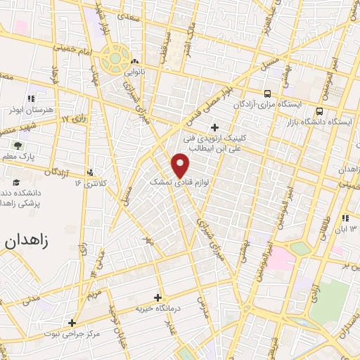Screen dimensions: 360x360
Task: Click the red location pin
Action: click(x=181, y=165)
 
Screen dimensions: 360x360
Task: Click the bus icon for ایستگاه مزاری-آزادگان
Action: click(x=267, y=94)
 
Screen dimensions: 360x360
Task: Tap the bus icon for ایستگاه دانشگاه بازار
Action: click(x=320, y=110)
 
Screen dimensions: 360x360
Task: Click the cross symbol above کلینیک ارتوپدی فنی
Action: click(x=214, y=127)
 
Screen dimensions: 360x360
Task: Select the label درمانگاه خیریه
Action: click(x=159, y=309)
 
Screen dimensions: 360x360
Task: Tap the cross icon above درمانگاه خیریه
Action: click(x=157, y=297)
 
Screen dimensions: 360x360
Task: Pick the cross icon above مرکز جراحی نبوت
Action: click(x=71, y=323)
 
